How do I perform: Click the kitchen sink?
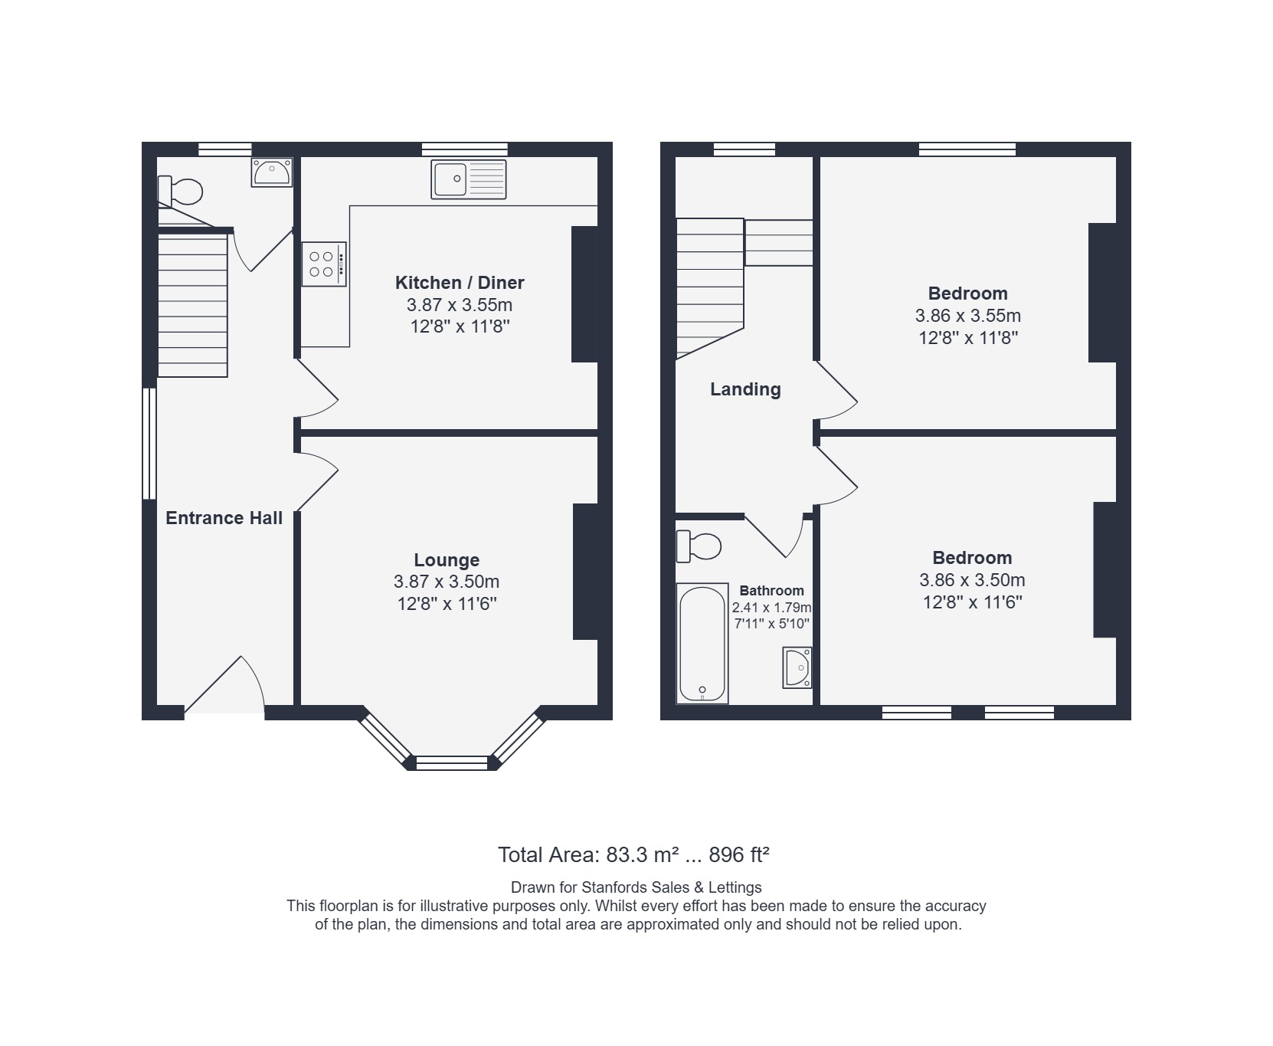(469, 179)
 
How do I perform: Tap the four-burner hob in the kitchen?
(324, 264)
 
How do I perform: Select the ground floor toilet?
(180, 191)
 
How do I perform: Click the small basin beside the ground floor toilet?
(272, 172)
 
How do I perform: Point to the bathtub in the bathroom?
(702, 644)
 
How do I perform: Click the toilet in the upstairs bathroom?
(699, 546)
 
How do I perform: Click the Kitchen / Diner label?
(460, 283)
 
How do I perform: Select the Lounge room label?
(447, 560)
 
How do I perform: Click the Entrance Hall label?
(224, 518)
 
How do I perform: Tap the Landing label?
(745, 389)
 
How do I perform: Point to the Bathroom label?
(771, 591)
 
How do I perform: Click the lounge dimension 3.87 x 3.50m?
(447, 582)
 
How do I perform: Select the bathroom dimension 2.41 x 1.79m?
(771, 608)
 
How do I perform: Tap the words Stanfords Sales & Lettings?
(672, 887)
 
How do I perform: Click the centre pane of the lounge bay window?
(451, 762)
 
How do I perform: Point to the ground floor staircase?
(192, 305)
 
